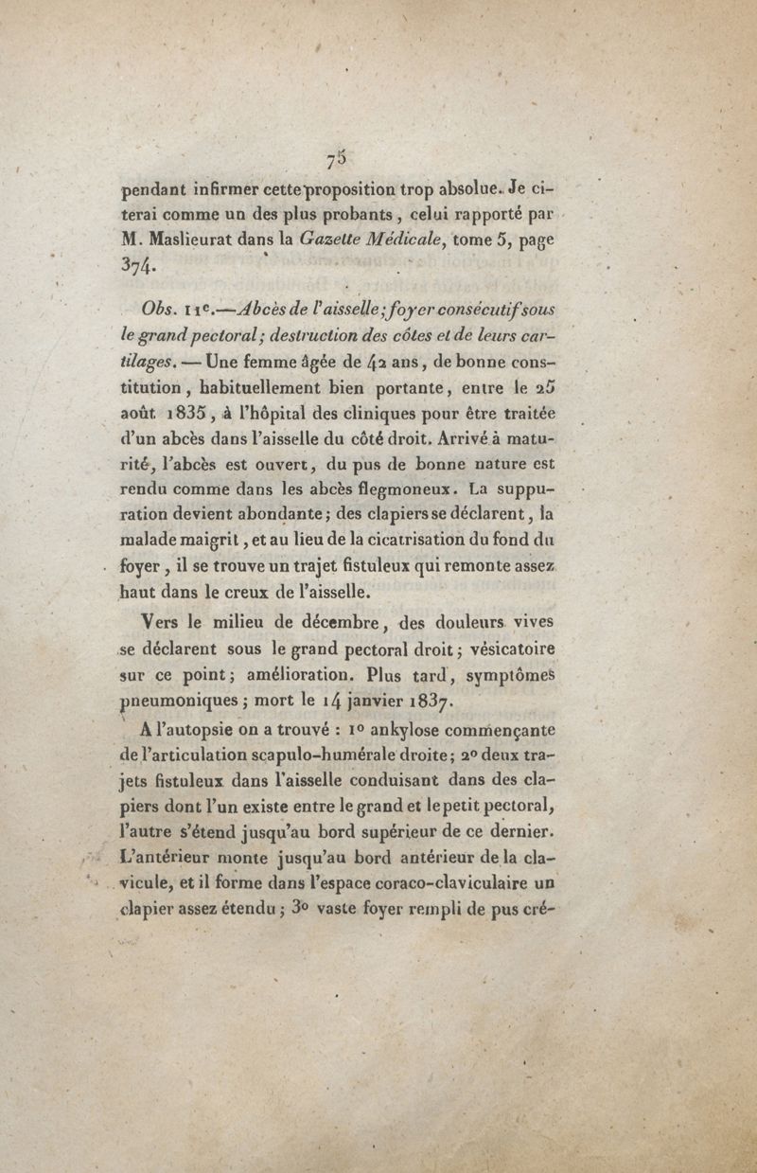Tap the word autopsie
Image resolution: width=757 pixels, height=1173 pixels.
[x=214, y=731]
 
